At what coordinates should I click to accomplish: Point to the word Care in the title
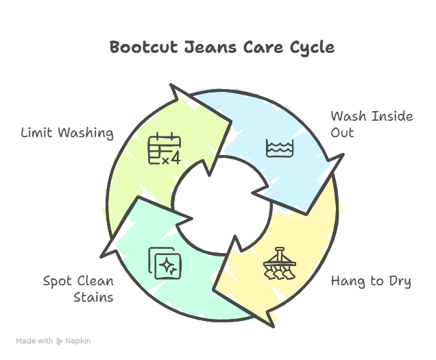click(255, 47)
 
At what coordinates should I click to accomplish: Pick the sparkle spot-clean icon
click(165, 263)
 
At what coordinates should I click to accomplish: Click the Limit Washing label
click(66, 133)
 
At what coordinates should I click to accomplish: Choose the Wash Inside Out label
click(372, 123)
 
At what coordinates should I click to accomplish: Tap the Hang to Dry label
click(371, 281)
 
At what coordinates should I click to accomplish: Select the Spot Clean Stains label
click(78, 289)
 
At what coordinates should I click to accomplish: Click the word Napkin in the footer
click(79, 340)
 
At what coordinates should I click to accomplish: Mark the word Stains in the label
click(93, 297)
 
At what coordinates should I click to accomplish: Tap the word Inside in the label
click(390, 116)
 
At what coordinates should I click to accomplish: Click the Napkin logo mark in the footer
click(59, 340)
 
